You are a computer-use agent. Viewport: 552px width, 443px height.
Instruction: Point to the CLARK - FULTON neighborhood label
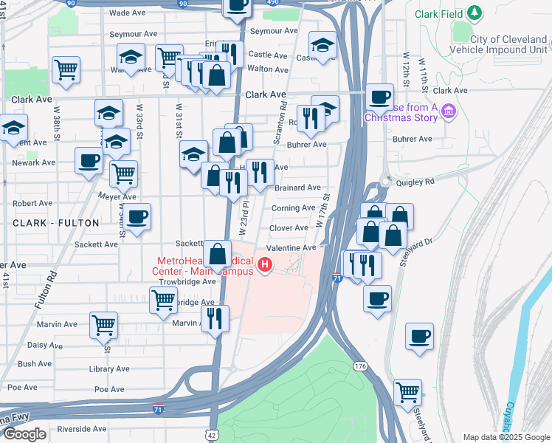point(56,221)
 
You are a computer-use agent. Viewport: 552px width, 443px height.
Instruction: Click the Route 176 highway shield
point(360,366)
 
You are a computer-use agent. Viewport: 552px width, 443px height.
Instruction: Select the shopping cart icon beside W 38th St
point(66,70)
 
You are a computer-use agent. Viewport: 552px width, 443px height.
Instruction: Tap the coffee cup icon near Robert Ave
point(137,217)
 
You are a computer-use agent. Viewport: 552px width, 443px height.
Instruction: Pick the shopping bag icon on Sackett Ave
point(218,255)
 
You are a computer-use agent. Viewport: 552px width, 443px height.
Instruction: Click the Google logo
point(24,434)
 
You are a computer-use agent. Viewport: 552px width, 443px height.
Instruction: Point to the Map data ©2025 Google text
point(506,437)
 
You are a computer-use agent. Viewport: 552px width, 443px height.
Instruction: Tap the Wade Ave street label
point(127,13)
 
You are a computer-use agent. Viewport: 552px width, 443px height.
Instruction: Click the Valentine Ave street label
point(291,248)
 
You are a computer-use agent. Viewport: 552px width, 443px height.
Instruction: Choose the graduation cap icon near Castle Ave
point(322,46)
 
